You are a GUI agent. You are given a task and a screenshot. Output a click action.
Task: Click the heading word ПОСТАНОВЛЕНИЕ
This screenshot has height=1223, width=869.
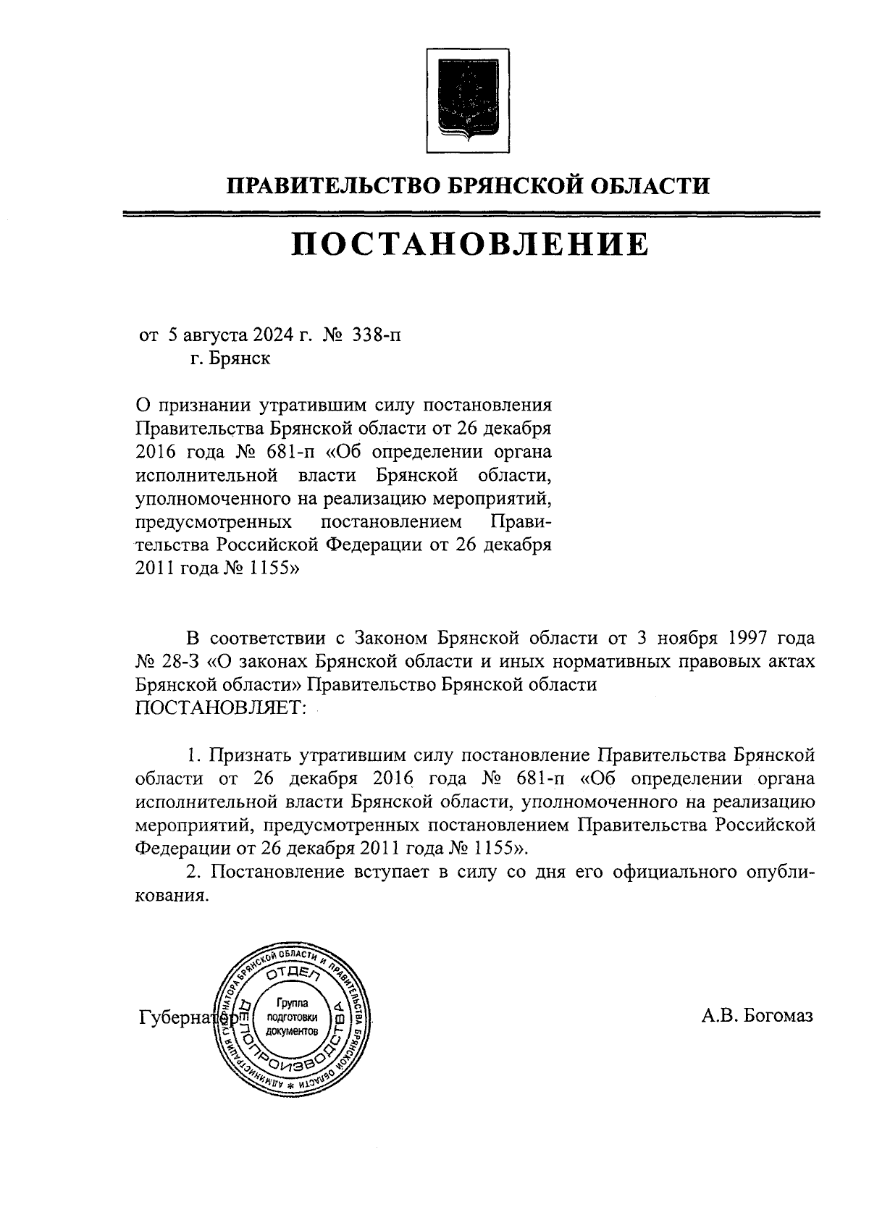pyautogui.click(x=470, y=245)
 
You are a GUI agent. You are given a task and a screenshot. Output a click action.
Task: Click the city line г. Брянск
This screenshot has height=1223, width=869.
pyautogui.click(x=230, y=358)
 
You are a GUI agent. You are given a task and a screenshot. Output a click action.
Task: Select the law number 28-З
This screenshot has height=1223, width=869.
pyautogui.click(x=185, y=661)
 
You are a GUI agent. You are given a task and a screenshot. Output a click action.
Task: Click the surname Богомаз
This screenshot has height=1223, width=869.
pyautogui.click(x=776, y=1015)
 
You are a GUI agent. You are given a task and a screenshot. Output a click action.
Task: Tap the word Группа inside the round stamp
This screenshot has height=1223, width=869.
pyautogui.click(x=293, y=1004)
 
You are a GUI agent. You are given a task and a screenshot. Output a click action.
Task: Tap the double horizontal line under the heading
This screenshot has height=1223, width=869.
pyautogui.click(x=470, y=214)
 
